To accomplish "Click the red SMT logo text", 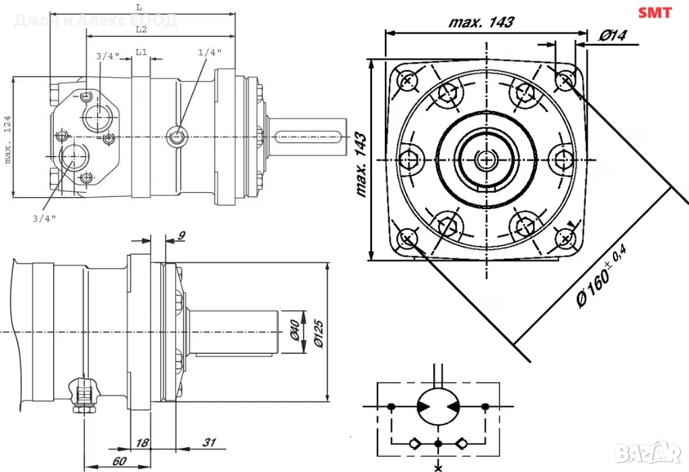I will (655, 13).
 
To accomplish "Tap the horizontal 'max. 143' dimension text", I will (481, 22).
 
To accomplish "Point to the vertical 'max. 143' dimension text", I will (362, 164).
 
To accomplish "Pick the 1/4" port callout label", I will (210, 52).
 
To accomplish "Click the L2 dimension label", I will (141, 30).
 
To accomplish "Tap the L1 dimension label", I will (141, 52).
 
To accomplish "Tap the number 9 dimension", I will (182, 235).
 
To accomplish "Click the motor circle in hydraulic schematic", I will (438, 406).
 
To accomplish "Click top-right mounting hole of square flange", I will (565, 81).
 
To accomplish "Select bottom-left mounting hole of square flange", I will (406, 238).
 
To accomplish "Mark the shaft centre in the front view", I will (485, 159).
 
